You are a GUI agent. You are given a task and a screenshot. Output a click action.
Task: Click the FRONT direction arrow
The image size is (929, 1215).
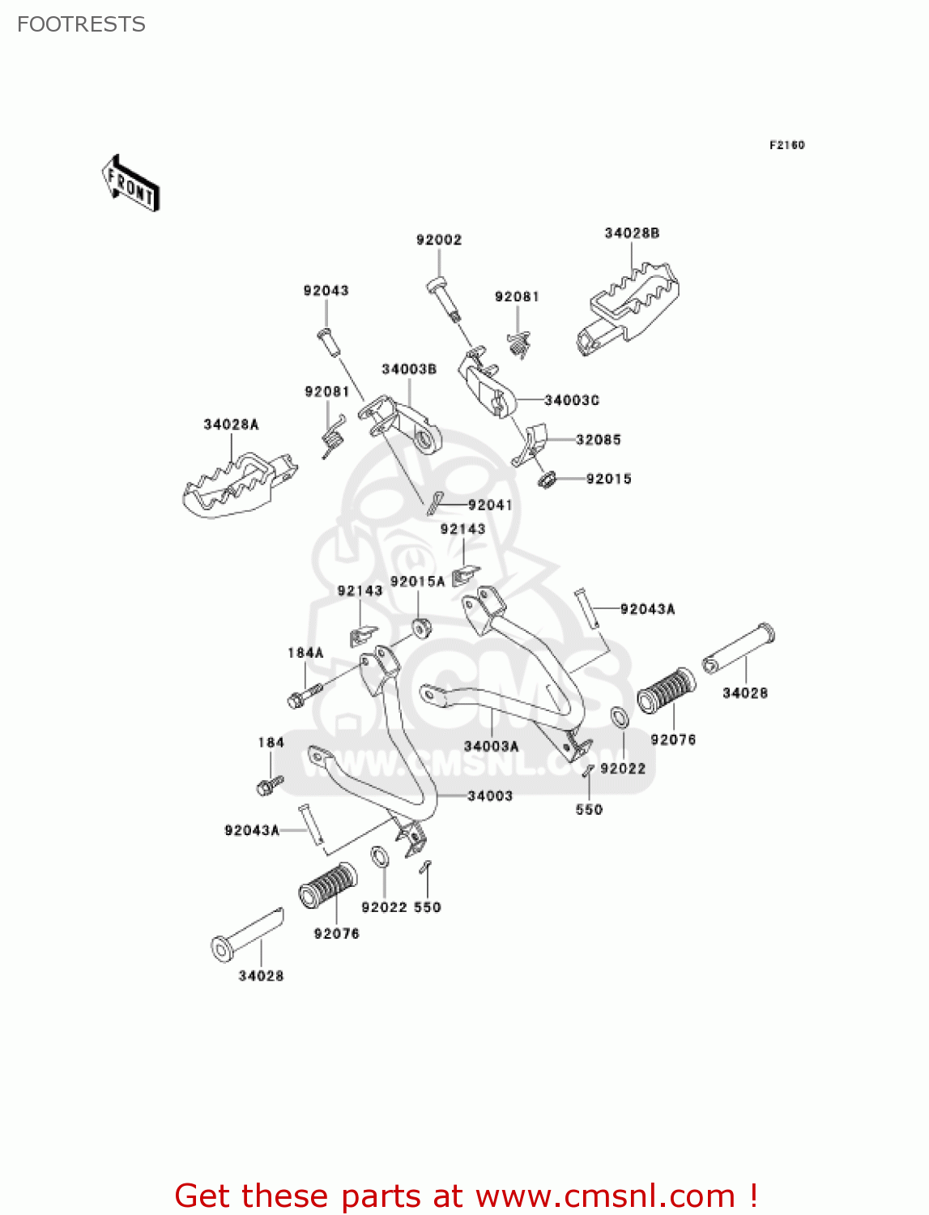point(130,183)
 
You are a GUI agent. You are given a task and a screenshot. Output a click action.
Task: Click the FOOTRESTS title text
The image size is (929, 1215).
point(81,24)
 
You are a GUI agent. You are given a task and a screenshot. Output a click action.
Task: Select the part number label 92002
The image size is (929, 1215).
point(439,240)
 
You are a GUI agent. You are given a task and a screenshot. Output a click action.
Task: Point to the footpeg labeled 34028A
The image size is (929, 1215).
point(236,485)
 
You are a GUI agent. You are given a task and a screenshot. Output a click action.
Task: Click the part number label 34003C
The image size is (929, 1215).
point(572,400)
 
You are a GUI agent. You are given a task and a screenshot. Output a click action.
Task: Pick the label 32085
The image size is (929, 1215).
point(599,440)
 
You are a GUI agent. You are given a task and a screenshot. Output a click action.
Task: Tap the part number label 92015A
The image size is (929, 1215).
point(418,582)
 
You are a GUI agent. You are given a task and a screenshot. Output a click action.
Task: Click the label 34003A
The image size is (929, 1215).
point(492,746)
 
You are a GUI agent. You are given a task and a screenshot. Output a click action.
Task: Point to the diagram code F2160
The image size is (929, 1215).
point(786,145)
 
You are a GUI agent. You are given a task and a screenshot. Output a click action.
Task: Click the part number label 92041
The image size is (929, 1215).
point(490,505)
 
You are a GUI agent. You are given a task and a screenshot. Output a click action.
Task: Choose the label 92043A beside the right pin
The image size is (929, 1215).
point(647,609)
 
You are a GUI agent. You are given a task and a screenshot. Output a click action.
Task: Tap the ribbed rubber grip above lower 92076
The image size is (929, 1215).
point(328,885)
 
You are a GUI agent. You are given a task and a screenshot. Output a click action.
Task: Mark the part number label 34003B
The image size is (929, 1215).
point(409,369)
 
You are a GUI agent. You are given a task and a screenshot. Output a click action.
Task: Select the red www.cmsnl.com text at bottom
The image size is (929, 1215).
point(604,1196)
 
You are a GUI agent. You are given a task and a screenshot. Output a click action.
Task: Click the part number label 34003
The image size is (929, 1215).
point(490,796)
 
